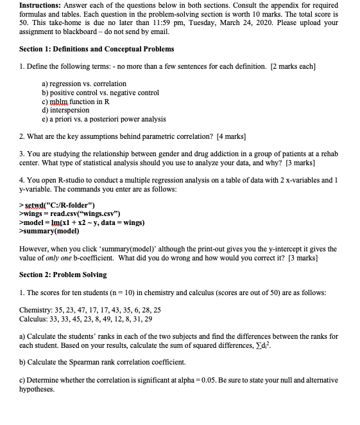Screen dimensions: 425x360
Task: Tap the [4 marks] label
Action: (x=231, y=136)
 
